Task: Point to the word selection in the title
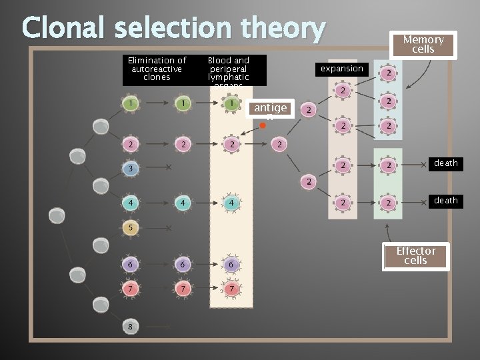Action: pos(175,29)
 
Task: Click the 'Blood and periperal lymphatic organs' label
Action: pos(229,70)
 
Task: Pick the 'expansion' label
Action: pos(342,69)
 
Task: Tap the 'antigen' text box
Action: pos(271,110)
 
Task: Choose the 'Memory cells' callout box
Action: pos(423,45)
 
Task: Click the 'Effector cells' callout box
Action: pos(416,256)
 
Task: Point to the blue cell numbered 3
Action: pos(132,169)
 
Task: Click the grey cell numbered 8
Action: pos(131,326)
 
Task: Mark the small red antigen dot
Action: pos(263,125)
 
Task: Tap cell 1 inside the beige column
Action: pos(231,104)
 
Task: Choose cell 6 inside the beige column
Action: pos(231,265)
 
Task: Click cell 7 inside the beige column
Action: pos(231,289)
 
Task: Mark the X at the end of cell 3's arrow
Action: pos(169,168)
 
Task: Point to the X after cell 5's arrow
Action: pos(169,228)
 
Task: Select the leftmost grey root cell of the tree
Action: pos(57,215)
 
